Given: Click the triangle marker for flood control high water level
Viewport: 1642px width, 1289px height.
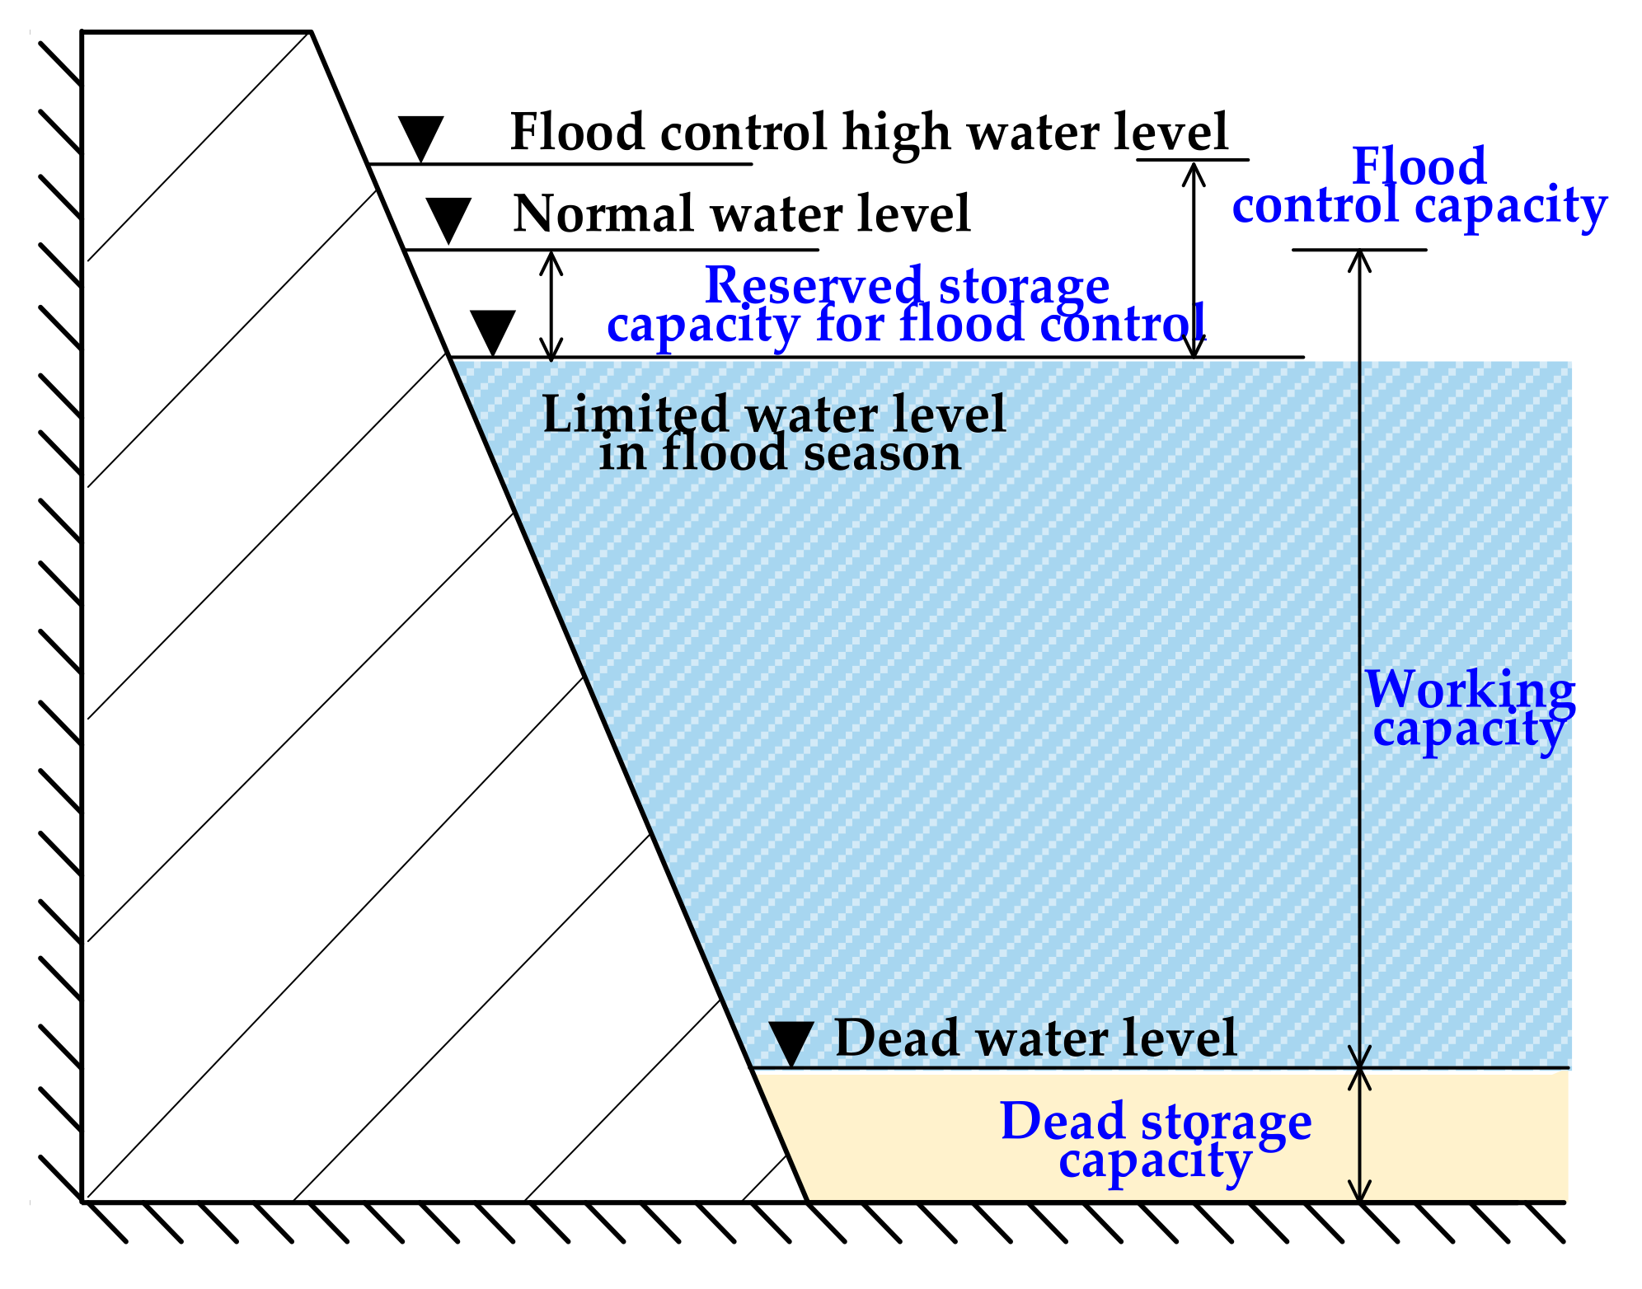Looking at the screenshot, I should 421,136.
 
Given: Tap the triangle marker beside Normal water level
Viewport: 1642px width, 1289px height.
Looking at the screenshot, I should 449,218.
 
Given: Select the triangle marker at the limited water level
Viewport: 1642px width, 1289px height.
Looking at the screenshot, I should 493,331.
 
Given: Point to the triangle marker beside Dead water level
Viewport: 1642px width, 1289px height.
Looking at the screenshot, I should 791,1043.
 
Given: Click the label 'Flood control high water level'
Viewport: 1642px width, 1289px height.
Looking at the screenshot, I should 869,132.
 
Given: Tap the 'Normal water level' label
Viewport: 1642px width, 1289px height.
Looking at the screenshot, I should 741,214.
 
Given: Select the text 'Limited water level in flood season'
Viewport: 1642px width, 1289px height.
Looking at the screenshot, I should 775,433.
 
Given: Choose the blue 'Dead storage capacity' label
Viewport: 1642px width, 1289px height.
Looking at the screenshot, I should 1156,1141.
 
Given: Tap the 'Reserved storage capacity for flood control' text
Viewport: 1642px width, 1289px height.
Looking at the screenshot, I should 907,305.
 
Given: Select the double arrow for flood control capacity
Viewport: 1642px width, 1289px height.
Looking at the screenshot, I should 1194,260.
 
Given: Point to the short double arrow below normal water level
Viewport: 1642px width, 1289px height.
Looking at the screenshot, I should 552,305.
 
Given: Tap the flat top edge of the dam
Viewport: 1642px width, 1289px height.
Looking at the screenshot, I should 196,31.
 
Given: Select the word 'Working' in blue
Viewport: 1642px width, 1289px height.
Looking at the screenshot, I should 1470,689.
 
